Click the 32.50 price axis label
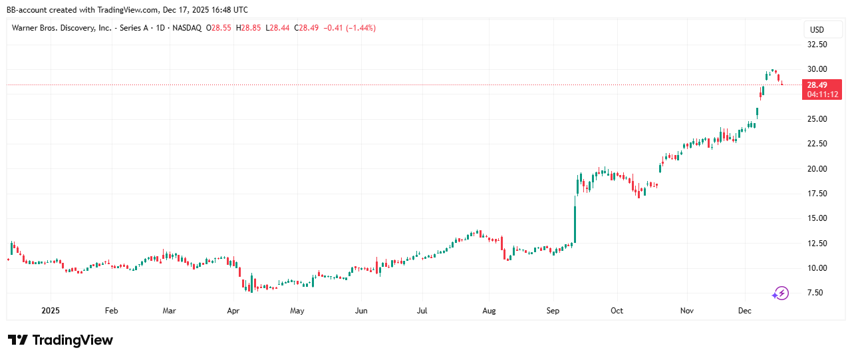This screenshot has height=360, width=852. tap(817, 45)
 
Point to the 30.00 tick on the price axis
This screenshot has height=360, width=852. tap(817, 69)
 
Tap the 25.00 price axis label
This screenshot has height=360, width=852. tap(817, 119)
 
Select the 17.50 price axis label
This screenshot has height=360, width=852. tap(817, 194)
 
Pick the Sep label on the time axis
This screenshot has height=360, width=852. tap(553, 311)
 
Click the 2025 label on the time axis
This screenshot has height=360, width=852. tap(51, 311)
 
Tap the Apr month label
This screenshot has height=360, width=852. tap(233, 311)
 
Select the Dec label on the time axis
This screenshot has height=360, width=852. tap(745, 311)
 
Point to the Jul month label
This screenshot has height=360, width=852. tap(422, 311)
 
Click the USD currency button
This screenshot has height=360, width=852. tap(817, 30)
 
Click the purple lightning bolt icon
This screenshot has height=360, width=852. tap(780, 293)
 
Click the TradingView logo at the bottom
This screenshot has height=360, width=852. tap(61, 340)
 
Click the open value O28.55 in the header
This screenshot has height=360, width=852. tap(219, 28)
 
